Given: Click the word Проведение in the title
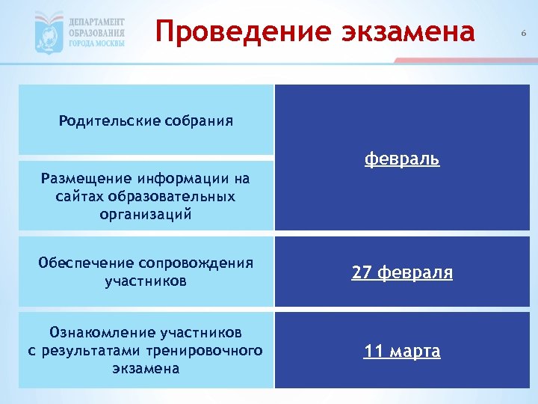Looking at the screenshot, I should (227, 31).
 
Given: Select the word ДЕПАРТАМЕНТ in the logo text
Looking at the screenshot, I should (97, 22).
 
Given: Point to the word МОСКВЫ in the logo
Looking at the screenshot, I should (109, 43).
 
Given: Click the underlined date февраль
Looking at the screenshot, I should (402, 159).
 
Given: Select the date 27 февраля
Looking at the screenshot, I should (402, 273).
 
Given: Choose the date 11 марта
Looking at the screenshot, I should (402, 351).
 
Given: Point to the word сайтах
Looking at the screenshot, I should (81, 197).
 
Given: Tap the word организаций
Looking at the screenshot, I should (145, 215).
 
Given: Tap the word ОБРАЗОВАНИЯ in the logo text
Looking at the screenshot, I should (97, 33).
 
